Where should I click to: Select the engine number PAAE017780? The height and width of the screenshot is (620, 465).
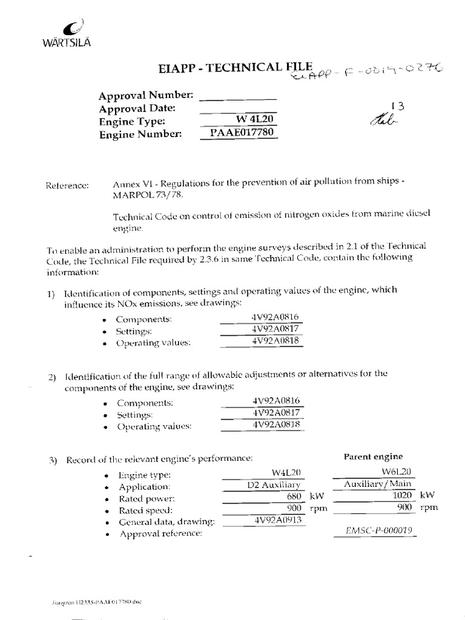click(239, 133)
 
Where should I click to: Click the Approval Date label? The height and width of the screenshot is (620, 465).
click(137, 108)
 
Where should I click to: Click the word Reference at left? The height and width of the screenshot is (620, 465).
click(67, 185)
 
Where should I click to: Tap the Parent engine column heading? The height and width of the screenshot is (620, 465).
click(373, 456)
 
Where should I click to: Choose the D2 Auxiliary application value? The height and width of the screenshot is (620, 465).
click(274, 485)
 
